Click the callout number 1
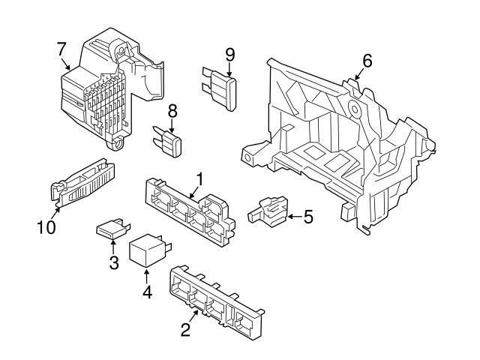[x=200, y=178]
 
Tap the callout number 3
[x=114, y=262]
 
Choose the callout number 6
[x=367, y=59]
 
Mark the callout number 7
[x=61, y=49]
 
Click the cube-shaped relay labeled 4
[x=147, y=253]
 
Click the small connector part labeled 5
[x=268, y=210]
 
